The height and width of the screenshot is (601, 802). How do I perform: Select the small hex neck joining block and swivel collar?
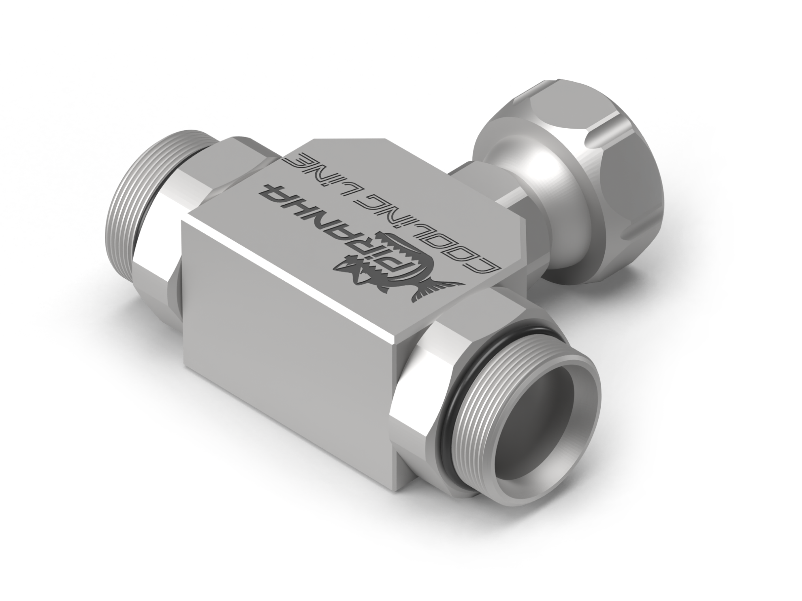[470, 182]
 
